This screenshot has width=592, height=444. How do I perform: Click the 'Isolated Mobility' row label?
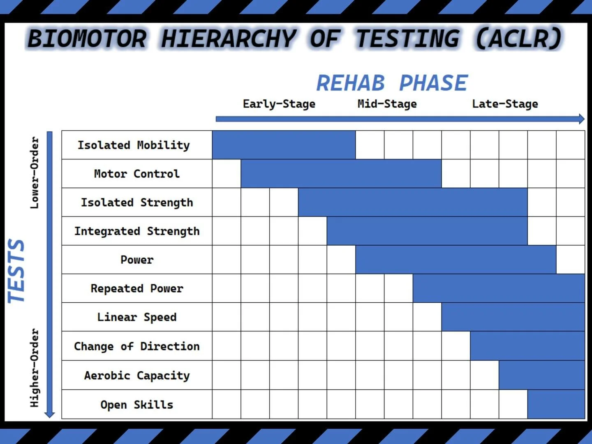tap(134, 145)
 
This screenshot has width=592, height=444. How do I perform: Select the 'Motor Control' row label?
tap(136, 174)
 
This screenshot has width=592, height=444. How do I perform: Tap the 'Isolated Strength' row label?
tap(136, 202)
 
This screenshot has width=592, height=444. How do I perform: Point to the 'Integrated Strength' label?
tap(136, 231)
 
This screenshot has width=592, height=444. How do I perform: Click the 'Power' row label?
tap(136, 260)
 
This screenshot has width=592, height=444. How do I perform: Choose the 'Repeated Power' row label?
tap(136, 289)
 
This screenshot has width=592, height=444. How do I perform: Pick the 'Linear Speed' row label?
tap(136, 317)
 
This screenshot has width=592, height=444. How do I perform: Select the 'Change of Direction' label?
tap(136, 346)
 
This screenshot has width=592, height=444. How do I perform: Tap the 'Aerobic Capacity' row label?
tap(136, 375)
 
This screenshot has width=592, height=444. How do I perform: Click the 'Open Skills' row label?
tap(136, 405)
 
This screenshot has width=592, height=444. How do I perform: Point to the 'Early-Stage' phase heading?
tap(279, 104)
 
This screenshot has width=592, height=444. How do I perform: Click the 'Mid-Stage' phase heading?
tap(387, 104)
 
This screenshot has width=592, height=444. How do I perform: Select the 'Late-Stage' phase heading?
tap(505, 104)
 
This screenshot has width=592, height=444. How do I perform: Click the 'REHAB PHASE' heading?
tap(392, 83)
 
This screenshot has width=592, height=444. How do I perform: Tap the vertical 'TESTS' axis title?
tap(16, 271)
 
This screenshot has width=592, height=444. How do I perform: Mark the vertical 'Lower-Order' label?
tap(35, 173)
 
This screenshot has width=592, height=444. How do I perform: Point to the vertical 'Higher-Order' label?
tap(35, 368)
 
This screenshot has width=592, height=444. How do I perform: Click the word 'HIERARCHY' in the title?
tap(228, 39)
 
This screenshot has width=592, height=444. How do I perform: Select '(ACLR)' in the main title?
tap(518, 39)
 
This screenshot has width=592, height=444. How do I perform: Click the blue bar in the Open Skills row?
tap(556, 405)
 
